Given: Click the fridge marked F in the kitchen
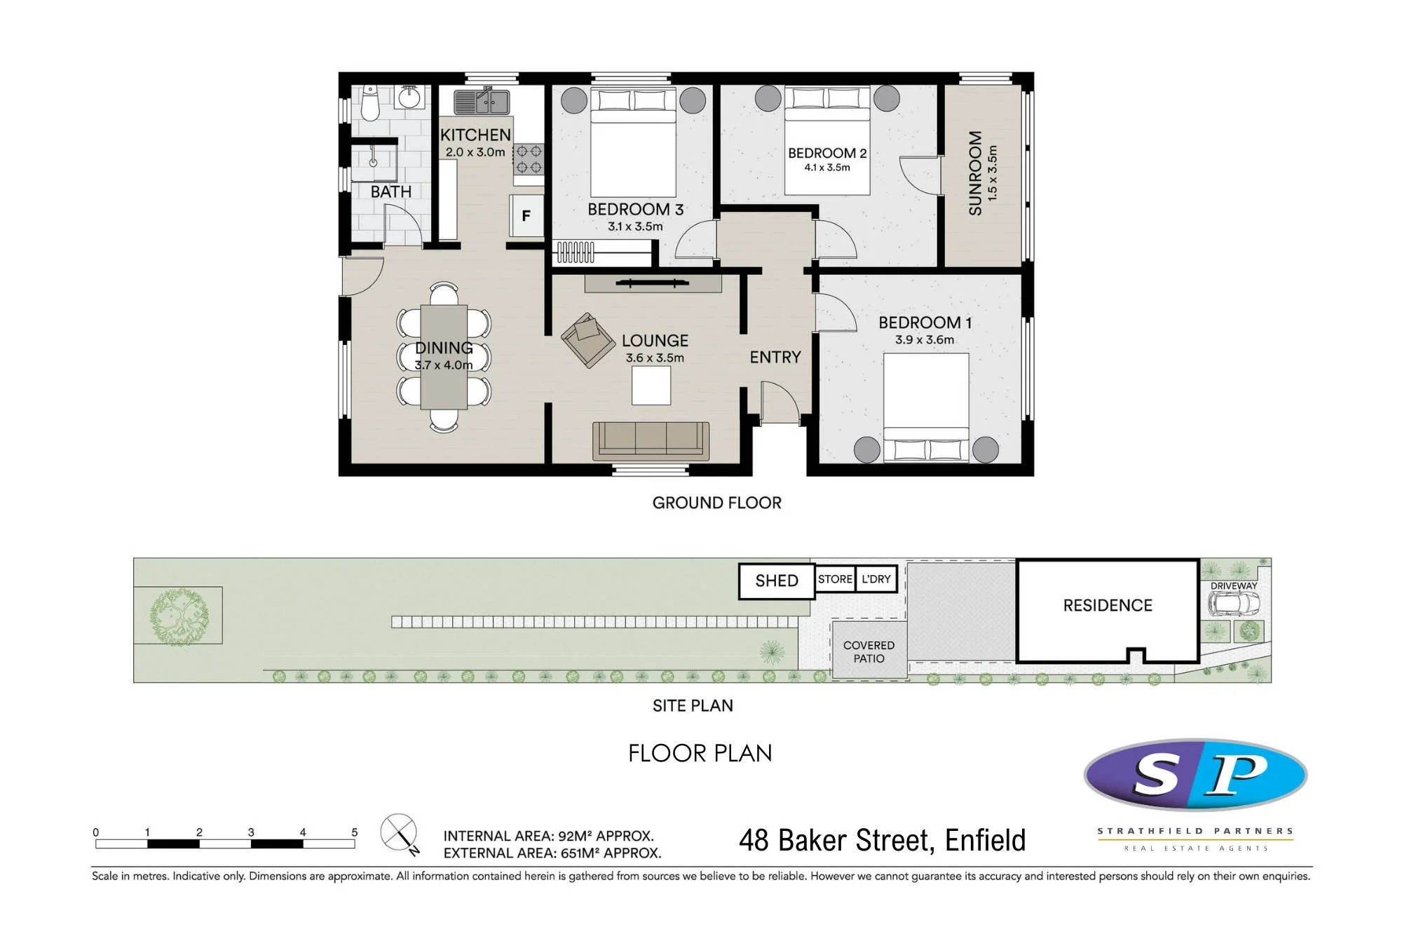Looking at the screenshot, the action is pos(526,216).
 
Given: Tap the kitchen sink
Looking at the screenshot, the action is pos(482,102).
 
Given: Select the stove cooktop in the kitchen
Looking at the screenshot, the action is pos(529,159).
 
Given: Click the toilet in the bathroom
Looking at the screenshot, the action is pos(370,103).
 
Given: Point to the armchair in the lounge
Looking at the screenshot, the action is pos(587,339).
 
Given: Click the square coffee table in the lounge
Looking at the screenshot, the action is pos(651,386).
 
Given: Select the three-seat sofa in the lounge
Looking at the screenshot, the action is pos(651,441).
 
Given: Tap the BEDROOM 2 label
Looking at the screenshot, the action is pos(827,153).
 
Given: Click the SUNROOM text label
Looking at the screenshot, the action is pos(975,173).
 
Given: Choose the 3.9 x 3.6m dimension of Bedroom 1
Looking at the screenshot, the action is pos(925,340).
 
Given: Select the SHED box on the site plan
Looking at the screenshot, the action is pos(777,581).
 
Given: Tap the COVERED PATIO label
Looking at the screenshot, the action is pos(869,651).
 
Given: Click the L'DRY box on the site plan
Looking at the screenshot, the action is pos(876,579).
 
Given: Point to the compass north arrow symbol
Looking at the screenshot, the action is pos(400,833).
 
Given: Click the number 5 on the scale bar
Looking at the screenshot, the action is pos(355,832).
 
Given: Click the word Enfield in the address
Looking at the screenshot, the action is pos(985,840).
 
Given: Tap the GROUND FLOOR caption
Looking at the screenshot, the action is pos(716,503).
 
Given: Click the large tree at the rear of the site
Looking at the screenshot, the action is pos(179,616).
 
